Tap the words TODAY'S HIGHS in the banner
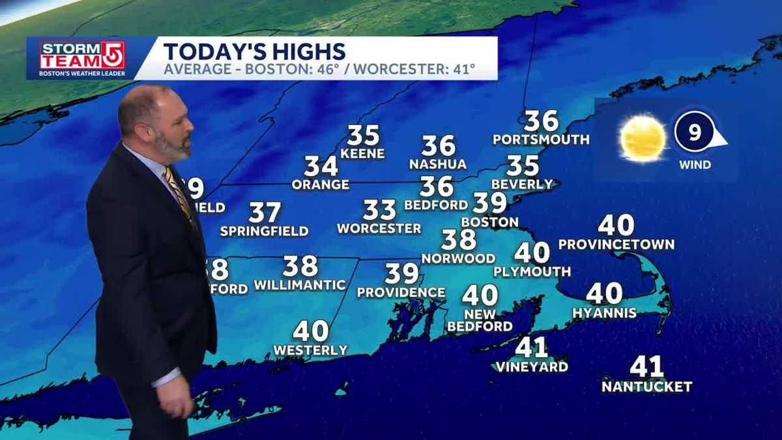click(254, 51)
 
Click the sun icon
click(643, 138)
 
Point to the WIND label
click(695, 165)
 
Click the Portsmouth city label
click(541, 139)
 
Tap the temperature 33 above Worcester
click(379, 211)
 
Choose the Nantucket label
click(646, 387)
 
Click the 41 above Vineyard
click(531, 347)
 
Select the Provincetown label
click(616, 244)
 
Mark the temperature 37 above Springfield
click(265, 213)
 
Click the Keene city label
click(362, 154)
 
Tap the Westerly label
click(310, 350)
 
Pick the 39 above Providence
click(401, 273)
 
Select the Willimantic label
click(300, 285)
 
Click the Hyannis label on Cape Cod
click(604, 313)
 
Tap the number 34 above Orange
click(321, 166)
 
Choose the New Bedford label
click(480, 320)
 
